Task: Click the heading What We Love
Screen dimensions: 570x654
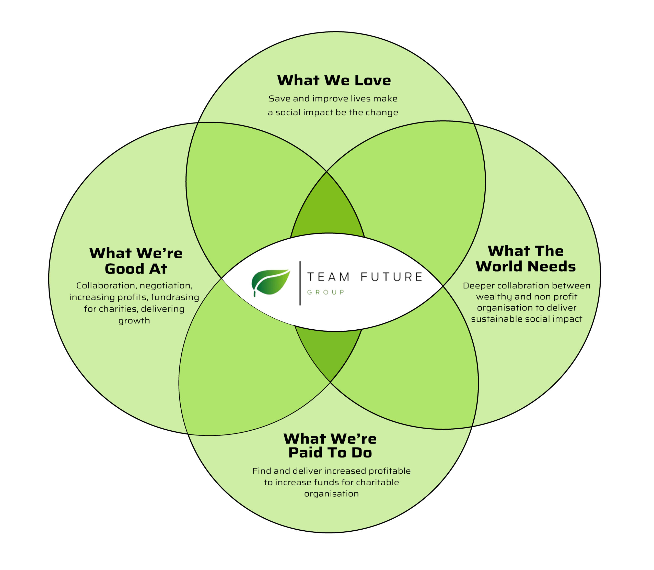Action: (x=334, y=80)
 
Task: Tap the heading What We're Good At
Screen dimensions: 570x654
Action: (x=136, y=261)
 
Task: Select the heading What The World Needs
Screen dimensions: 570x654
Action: (x=525, y=259)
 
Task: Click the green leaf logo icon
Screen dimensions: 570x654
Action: (x=271, y=282)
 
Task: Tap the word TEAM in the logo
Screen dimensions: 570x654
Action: (x=328, y=277)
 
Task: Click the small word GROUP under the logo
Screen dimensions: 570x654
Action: (x=325, y=292)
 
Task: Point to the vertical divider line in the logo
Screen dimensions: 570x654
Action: (x=300, y=283)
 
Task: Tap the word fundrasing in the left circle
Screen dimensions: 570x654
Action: (x=175, y=297)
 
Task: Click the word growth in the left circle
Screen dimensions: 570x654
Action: (x=134, y=321)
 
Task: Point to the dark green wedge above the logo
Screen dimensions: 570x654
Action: (x=327, y=210)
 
